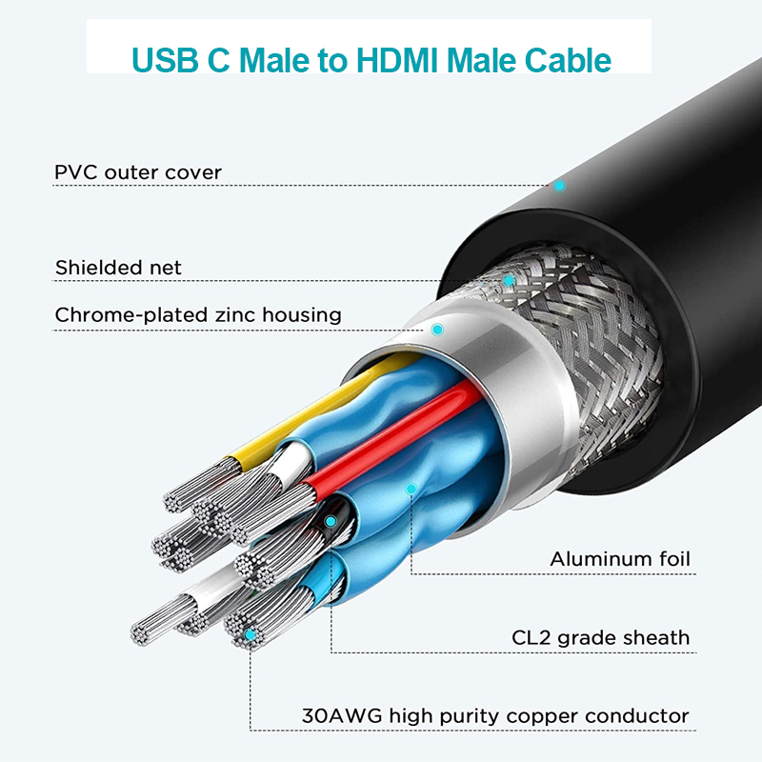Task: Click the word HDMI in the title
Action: point(398,60)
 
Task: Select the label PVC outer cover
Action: point(138,172)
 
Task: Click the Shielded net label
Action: point(118,268)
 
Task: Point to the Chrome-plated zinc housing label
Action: point(198,315)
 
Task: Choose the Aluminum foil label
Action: point(620,559)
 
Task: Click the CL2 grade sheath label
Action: point(601,637)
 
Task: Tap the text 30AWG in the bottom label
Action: point(342,716)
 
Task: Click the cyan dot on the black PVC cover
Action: point(560,186)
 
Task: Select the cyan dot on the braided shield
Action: point(509,280)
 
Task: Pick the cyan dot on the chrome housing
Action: point(437,330)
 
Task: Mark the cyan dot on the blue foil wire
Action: point(411,489)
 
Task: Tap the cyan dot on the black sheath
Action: point(331,522)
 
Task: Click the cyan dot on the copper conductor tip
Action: point(250,634)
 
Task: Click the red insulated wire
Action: point(393,437)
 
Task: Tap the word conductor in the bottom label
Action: point(637,716)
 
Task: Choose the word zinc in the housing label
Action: point(235,315)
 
